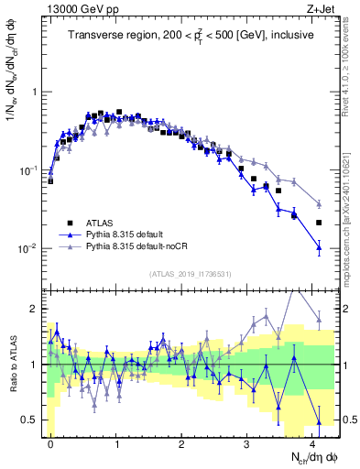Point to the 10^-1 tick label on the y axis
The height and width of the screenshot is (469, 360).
[x=27, y=171]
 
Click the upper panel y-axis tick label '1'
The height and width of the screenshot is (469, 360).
[x=36, y=93]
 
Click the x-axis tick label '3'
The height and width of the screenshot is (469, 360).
[x=247, y=443]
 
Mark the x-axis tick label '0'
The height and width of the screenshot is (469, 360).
[x=50, y=443]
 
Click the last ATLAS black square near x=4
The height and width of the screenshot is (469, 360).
[x=319, y=223]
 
